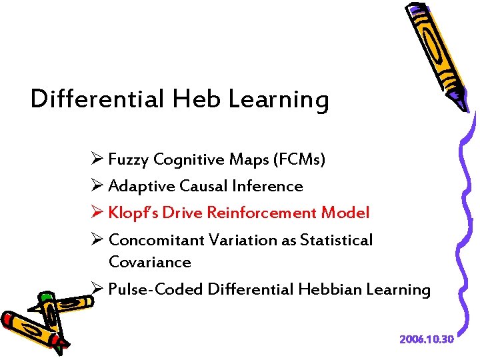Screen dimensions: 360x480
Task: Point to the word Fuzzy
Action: pyautogui.click(x=128, y=160)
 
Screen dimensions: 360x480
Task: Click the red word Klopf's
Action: pyautogui.click(x=132, y=213)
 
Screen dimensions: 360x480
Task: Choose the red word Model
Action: pyautogui.click(x=345, y=213)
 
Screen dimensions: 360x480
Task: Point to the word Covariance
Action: pyautogui.click(x=149, y=262)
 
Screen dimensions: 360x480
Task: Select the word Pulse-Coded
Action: pyautogui.click(x=155, y=290)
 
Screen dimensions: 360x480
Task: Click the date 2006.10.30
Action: pyautogui.click(x=427, y=339)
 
